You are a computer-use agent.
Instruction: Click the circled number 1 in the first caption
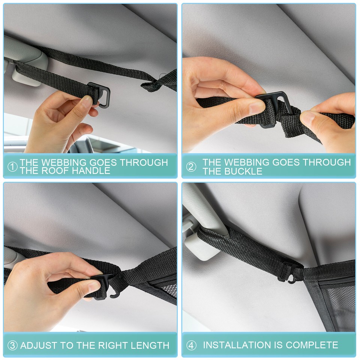click(12, 167)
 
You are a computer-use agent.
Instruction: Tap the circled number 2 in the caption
click(191, 167)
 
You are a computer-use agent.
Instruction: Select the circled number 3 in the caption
click(12, 345)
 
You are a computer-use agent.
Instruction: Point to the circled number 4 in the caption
click(191, 345)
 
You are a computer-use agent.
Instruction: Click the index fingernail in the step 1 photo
click(87, 100)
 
